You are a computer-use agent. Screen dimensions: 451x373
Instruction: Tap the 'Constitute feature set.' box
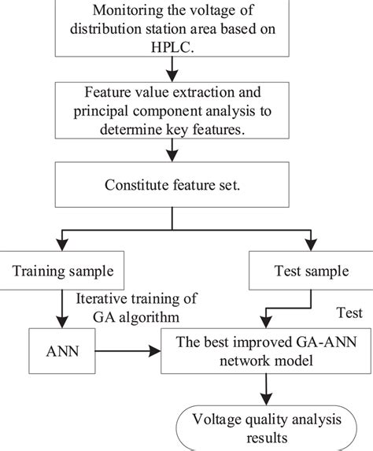pos(186,186)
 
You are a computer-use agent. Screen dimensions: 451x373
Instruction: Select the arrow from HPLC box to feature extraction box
pos(186,73)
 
